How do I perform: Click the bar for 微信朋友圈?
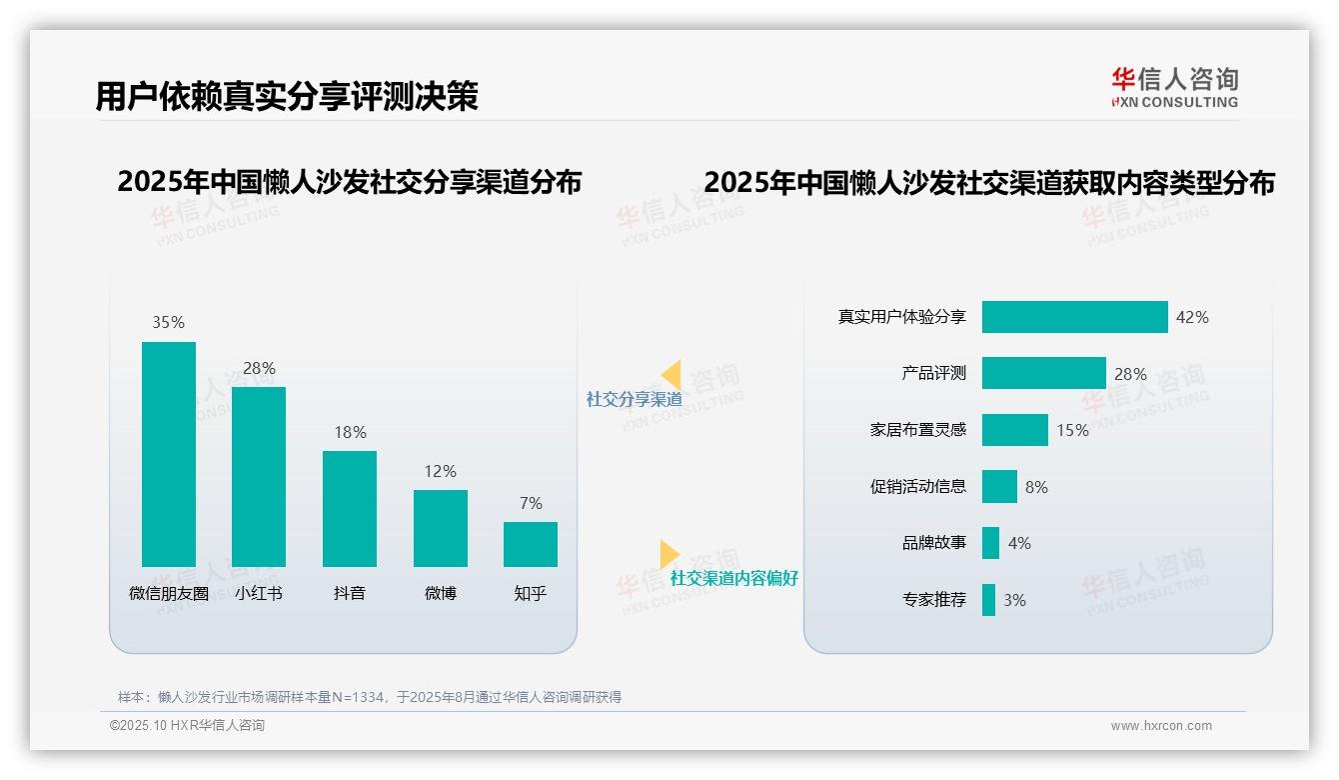point(169,454)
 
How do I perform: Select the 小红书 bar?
point(259,477)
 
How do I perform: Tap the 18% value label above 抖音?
point(350,432)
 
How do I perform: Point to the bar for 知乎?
point(531,544)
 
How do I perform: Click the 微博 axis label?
point(440,593)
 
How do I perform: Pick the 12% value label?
point(440,471)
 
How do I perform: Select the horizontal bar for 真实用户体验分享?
point(1074,317)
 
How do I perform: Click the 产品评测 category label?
point(933,373)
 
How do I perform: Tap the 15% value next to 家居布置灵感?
point(1072,430)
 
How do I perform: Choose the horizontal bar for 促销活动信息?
point(999,487)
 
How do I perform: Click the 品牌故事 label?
point(933,543)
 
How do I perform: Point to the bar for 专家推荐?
point(988,600)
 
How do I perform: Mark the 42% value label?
point(1192,317)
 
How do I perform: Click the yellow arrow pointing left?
point(671,375)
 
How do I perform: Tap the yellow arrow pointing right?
point(669,554)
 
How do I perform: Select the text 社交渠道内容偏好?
point(733,578)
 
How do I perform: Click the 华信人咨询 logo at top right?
point(1174,87)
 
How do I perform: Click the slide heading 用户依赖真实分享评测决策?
point(287,96)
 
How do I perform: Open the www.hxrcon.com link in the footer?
point(1160,726)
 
